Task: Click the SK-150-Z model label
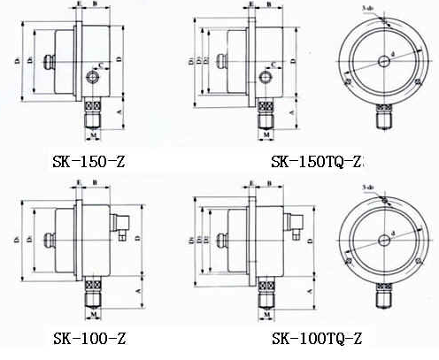tap(88, 163)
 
